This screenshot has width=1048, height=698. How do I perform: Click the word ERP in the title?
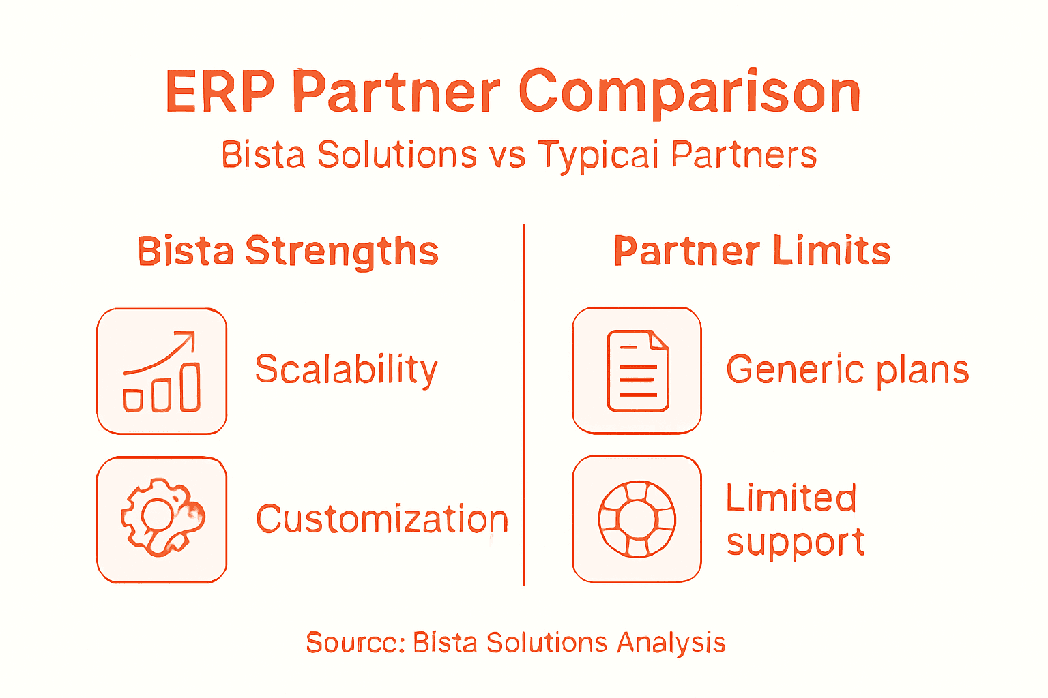tap(220, 91)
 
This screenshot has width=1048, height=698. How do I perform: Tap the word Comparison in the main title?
tap(690, 93)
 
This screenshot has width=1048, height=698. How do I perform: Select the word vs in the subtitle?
tap(507, 155)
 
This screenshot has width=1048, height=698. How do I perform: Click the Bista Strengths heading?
tap(288, 252)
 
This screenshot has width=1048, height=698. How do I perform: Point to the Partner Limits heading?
tap(752, 251)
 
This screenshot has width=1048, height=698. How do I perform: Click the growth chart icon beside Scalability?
tap(162, 371)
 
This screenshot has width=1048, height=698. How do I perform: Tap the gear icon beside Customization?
tap(162, 519)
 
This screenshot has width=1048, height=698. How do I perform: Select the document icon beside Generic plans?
tap(637, 371)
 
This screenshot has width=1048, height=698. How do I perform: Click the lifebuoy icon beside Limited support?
tap(637, 519)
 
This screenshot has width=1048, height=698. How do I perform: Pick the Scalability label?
tap(346, 370)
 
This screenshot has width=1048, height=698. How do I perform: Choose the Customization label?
tap(382, 519)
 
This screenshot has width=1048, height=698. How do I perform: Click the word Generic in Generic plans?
tap(795, 370)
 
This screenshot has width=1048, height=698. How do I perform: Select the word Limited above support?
tap(791, 498)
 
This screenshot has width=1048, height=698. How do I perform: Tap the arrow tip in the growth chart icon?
tap(192, 335)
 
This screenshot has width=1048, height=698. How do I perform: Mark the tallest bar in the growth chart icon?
tap(190, 388)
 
